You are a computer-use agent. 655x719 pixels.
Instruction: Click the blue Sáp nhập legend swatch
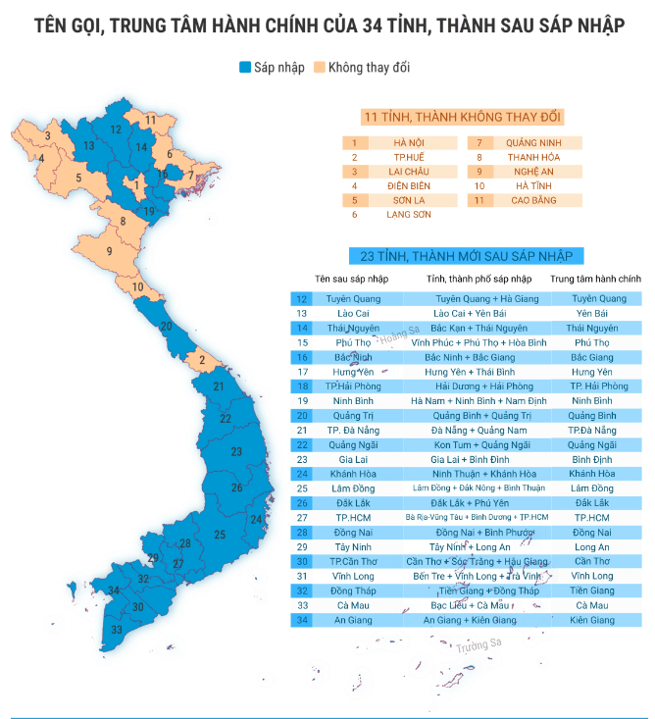[x=245, y=68]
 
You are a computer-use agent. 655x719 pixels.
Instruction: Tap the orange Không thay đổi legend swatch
[x=320, y=68]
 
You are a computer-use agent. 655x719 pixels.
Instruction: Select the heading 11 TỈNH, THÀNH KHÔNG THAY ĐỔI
[x=462, y=118]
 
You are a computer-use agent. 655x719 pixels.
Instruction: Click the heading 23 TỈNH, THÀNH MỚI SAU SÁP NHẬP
[x=465, y=257]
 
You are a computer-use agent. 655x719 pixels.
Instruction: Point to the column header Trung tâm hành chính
[x=594, y=280]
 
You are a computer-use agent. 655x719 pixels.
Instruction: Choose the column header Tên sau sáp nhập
[x=351, y=280]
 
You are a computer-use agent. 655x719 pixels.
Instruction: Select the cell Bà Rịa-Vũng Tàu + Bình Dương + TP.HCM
[x=474, y=517]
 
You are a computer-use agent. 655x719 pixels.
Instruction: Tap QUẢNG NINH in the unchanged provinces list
[x=533, y=143]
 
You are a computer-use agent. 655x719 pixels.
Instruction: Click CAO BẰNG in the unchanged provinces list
[x=533, y=200]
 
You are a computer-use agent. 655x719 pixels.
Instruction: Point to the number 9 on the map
[x=110, y=252]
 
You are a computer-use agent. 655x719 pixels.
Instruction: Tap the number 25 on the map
[x=221, y=535]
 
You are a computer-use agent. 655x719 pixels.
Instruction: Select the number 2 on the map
[x=201, y=360]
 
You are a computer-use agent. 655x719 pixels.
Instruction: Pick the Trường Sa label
[x=478, y=645]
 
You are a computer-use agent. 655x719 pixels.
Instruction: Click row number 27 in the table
[x=302, y=517]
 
